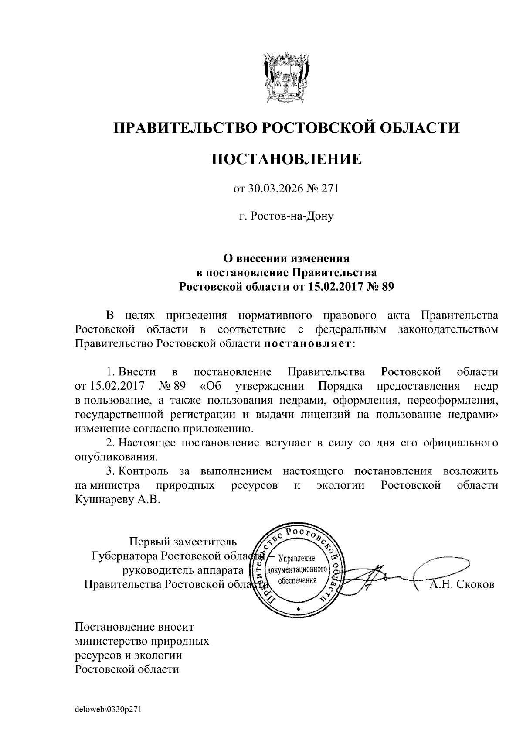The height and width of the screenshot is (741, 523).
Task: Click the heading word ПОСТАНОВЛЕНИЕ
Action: (286, 159)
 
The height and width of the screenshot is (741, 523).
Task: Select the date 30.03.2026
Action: (274, 189)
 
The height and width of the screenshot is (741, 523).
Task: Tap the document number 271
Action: (330, 189)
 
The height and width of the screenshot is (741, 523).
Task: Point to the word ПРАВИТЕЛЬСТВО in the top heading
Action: (183, 128)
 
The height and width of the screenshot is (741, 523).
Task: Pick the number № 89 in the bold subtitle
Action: (380, 287)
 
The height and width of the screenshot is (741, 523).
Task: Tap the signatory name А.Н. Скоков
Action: (462, 584)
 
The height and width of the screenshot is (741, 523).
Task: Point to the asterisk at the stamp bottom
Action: (298, 608)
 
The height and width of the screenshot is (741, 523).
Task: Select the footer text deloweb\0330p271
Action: (109, 710)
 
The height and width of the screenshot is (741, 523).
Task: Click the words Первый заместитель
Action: (183, 542)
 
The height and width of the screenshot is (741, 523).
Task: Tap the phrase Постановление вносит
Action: (134, 627)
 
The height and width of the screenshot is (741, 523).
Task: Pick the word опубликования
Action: (115, 457)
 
